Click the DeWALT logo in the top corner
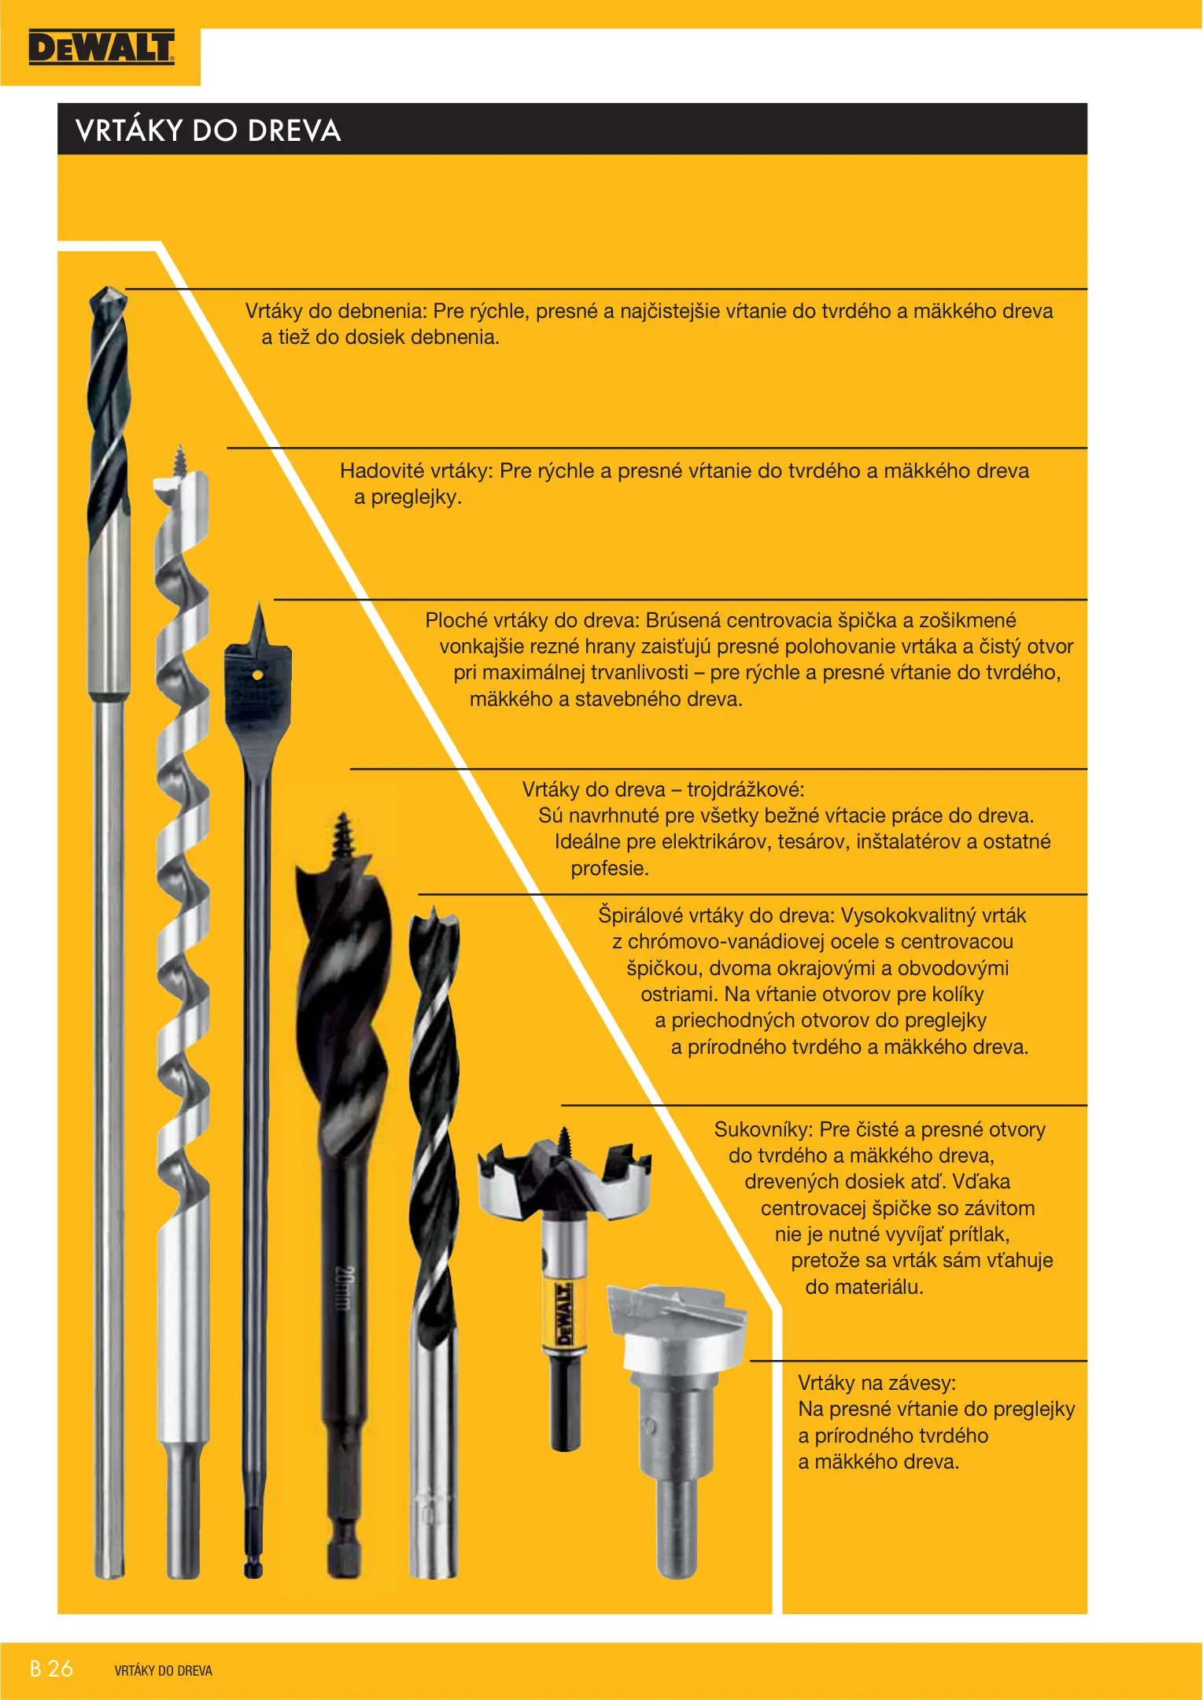(101, 47)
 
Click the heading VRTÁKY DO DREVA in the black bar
(208, 131)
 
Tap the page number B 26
(51, 1669)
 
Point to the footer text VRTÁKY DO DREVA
(164, 1671)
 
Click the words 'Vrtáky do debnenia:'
(337, 311)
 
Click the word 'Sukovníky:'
(764, 1129)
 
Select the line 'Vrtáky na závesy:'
(877, 1383)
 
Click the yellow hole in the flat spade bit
(257, 674)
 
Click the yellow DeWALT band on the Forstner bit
(563, 1313)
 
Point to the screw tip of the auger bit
(180, 460)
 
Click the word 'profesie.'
(610, 868)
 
